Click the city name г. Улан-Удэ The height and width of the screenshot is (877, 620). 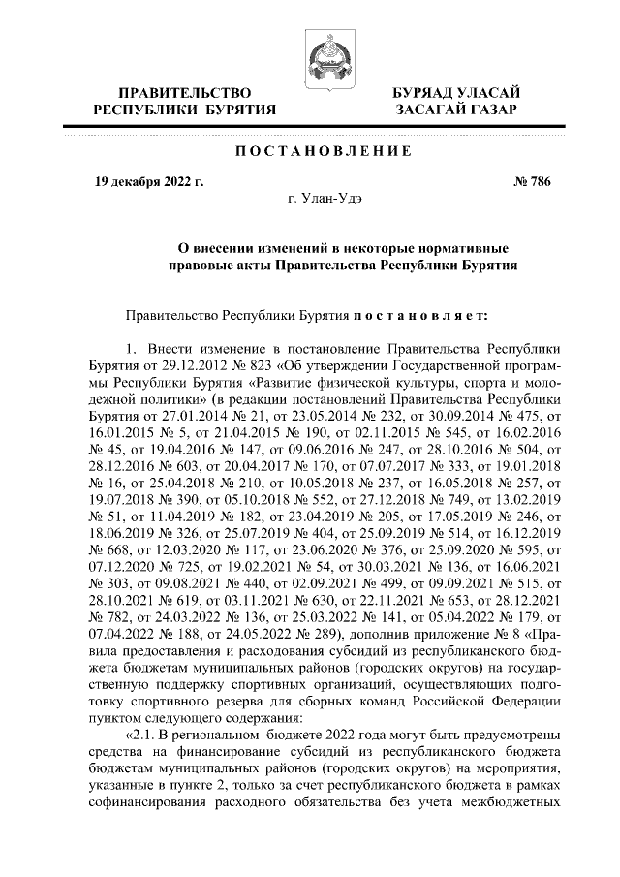(x=325, y=199)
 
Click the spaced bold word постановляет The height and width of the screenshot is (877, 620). (x=407, y=315)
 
